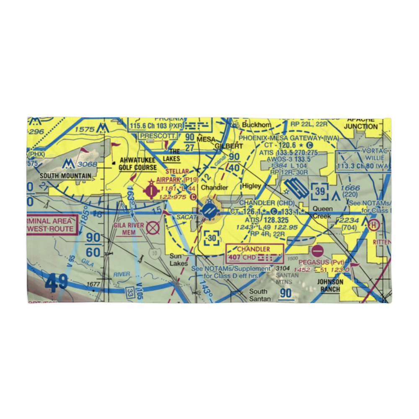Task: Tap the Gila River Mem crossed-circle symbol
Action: (153, 228)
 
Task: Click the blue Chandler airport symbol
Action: (209, 211)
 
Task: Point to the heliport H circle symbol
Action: (373, 225)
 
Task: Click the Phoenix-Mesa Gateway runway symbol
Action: (296, 189)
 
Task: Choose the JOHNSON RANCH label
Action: (331, 285)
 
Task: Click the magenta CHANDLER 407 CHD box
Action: (255, 253)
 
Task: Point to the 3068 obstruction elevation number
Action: (87, 164)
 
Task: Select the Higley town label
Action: (251, 186)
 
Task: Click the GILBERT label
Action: (229, 146)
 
